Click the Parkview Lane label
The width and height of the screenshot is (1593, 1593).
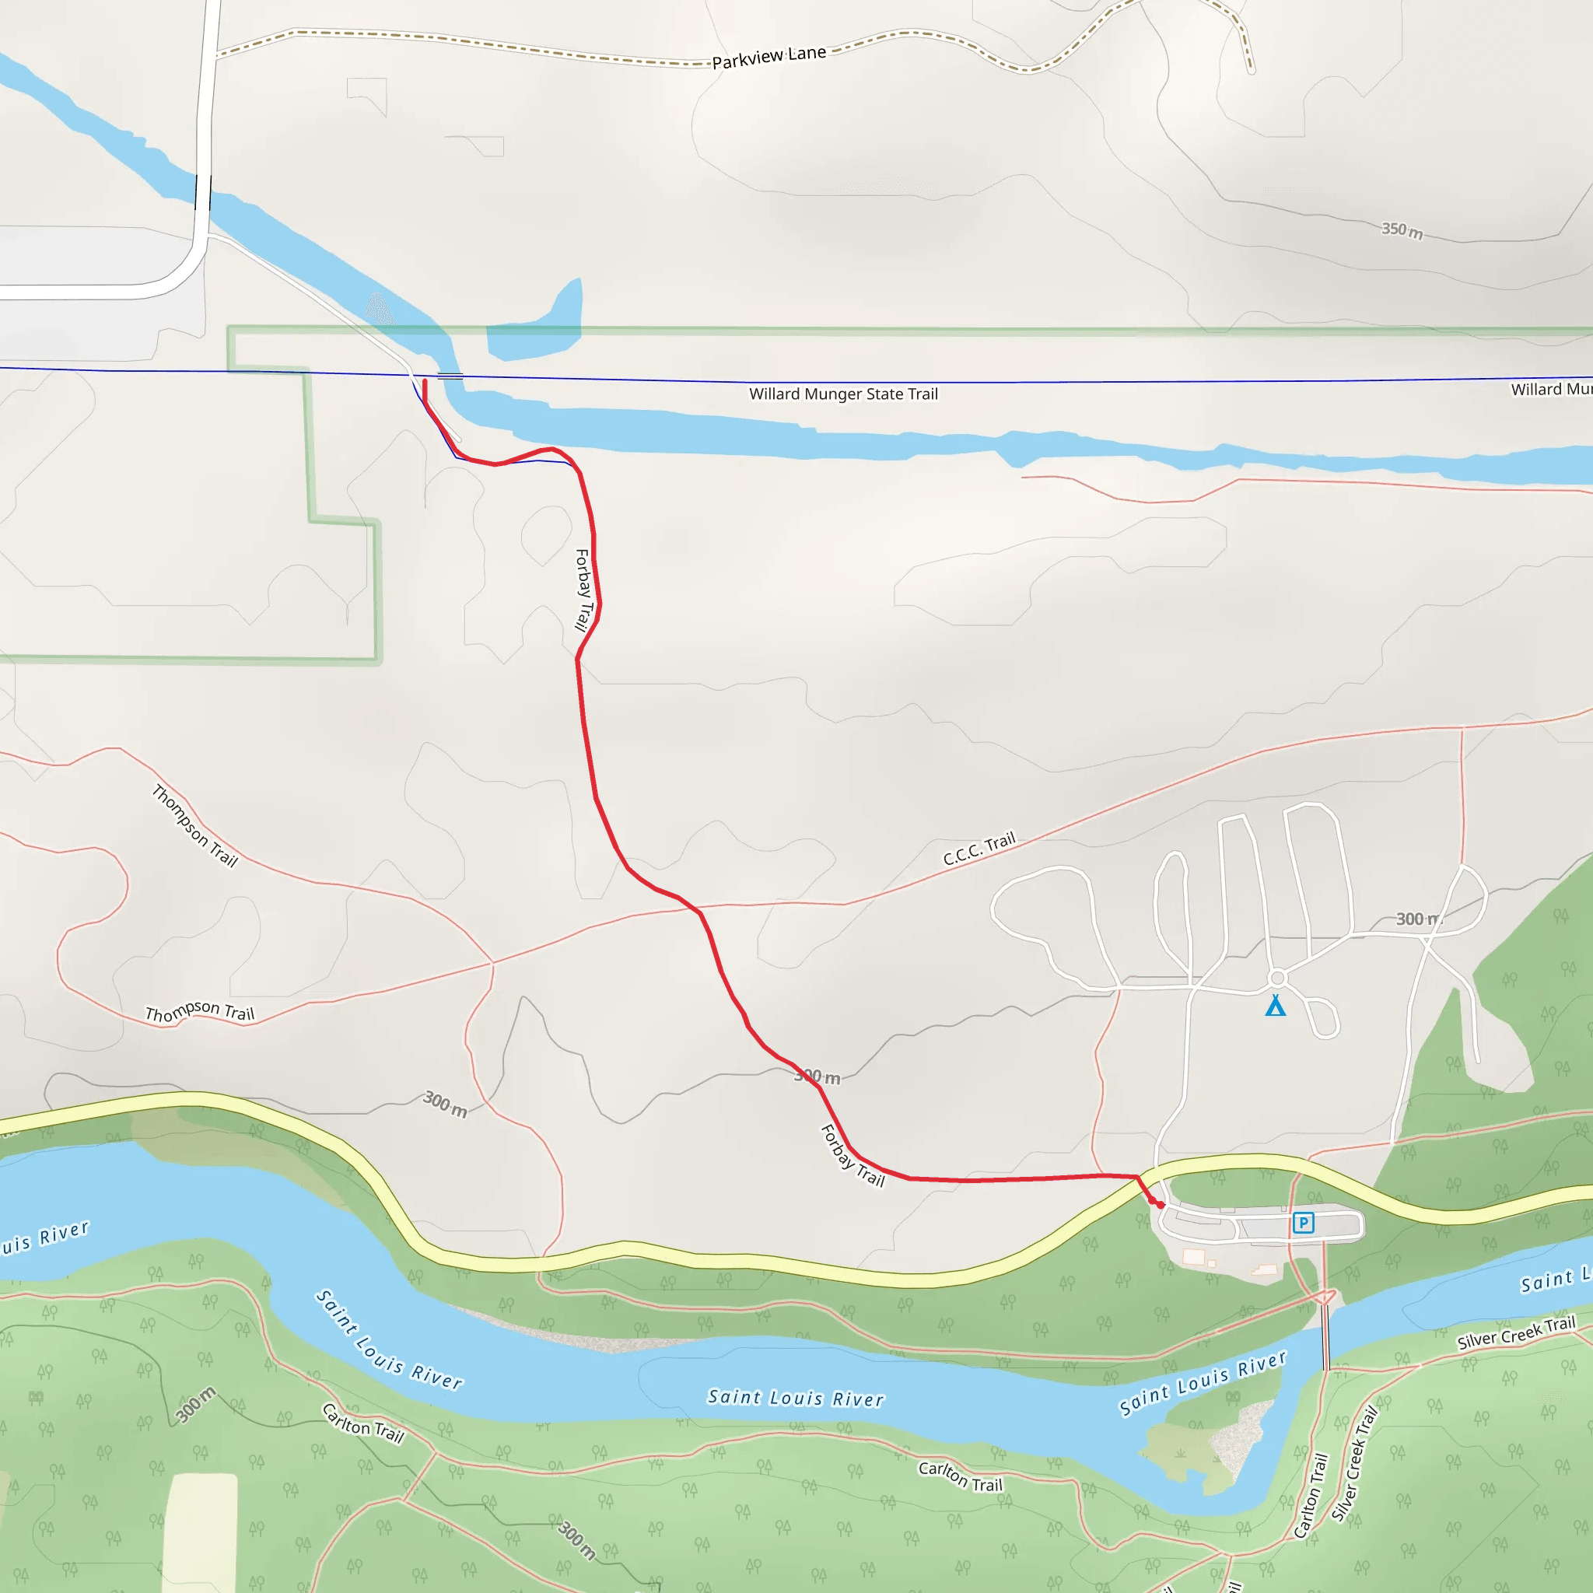tap(768, 57)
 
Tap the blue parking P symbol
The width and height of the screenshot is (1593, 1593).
tap(1303, 1222)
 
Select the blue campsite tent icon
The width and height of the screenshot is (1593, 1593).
tap(1276, 1005)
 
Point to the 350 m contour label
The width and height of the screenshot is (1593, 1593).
tap(1402, 230)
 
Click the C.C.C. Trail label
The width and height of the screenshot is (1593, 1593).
tap(979, 849)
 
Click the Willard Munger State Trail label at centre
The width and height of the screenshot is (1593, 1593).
tap(843, 394)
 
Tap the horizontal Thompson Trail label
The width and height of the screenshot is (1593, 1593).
tap(200, 1012)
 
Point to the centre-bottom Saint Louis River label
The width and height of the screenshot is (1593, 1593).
tap(796, 1398)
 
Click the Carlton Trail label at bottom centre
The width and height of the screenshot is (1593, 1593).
tap(961, 1476)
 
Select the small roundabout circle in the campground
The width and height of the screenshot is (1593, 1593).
tap(1277, 978)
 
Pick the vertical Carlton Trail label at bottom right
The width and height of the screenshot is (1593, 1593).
tap(1310, 1495)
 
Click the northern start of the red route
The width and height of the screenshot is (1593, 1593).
tap(425, 382)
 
